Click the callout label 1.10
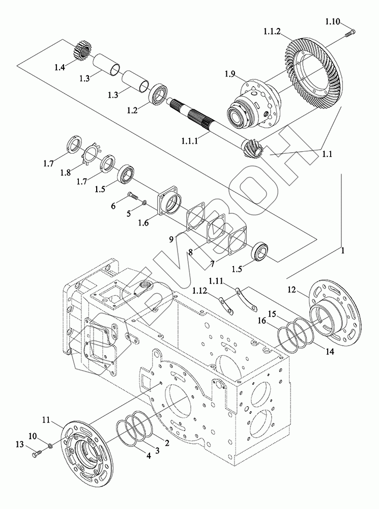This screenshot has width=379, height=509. [x=333, y=22]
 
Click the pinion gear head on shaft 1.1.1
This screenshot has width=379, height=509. [x=254, y=148]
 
